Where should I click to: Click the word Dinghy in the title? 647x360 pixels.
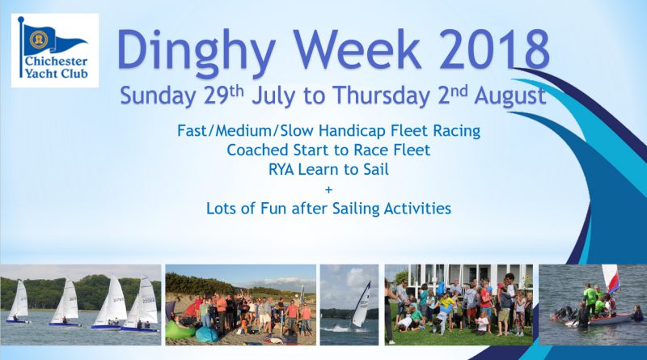pyautogui.click(x=196, y=53)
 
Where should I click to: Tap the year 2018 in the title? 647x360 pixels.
pyautogui.click(x=495, y=49)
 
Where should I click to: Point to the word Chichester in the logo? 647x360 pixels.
pyautogui.click(x=56, y=61)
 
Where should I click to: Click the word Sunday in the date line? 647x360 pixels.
pyautogui.click(x=158, y=96)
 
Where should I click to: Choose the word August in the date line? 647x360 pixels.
pyautogui.click(x=510, y=96)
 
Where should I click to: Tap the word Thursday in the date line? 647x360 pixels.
pyautogui.click(x=382, y=96)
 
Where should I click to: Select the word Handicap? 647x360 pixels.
pyautogui.click(x=353, y=131)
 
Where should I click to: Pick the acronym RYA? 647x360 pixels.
pyautogui.click(x=281, y=169)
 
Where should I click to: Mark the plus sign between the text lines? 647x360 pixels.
pyautogui.click(x=328, y=190)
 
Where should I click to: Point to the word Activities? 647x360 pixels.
pyautogui.click(x=417, y=208)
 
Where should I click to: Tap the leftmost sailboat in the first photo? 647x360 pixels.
pyautogui.click(x=19, y=302)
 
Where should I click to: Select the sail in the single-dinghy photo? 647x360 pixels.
pyautogui.click(x=360, y=304)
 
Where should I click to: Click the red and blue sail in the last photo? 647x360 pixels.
pyautogui.click(x=611, y=278)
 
